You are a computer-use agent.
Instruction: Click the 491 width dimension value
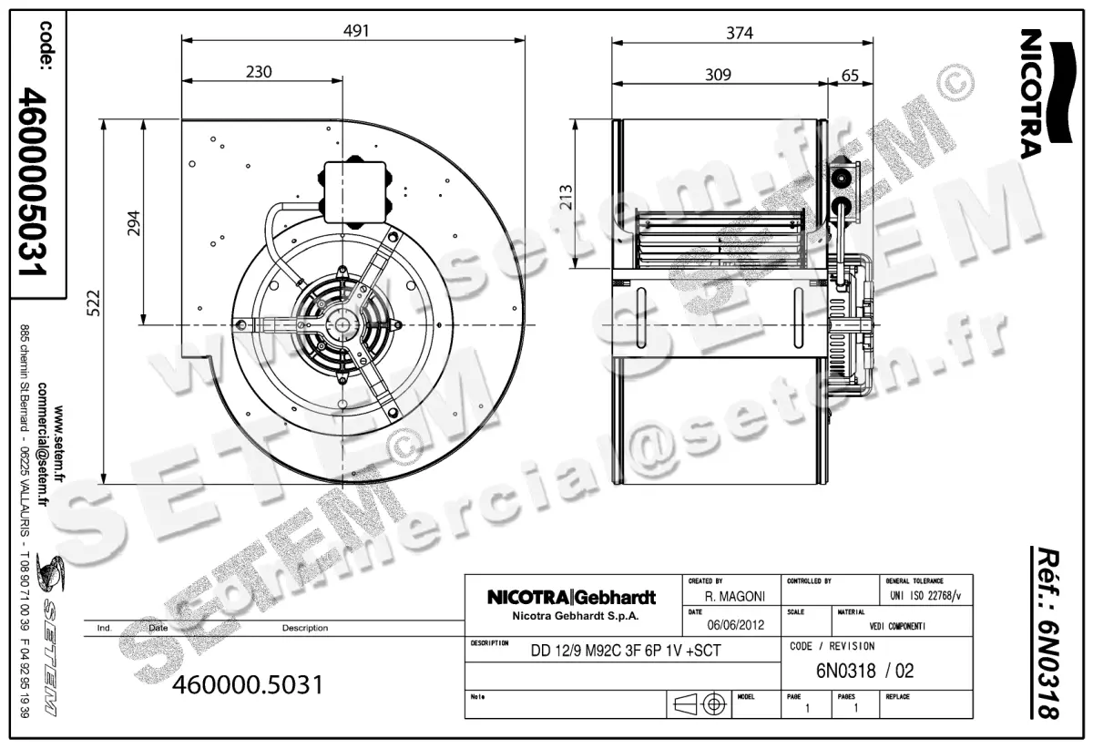[x=356, y=31]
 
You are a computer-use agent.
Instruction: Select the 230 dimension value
[x=260, y=72]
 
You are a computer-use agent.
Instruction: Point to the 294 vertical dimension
[x=133, y=224]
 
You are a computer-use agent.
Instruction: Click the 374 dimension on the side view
[x=741, y=33]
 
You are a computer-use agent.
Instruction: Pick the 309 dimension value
[x=719, y=75]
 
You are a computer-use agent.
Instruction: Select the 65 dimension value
[x=850, y=75]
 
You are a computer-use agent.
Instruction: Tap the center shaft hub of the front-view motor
[x=342, y=324]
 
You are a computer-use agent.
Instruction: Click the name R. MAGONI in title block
[x=735, y=596]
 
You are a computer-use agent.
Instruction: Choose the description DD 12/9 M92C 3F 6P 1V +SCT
[x=625, y=652]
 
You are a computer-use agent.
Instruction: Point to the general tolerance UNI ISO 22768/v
[x=924, y=596]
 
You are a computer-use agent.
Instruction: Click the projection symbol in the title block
[x=700, y=704]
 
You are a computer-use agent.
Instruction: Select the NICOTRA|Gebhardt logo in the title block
[x=571, y=598]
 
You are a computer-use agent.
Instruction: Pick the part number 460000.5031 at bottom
[x=248, y=684]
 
